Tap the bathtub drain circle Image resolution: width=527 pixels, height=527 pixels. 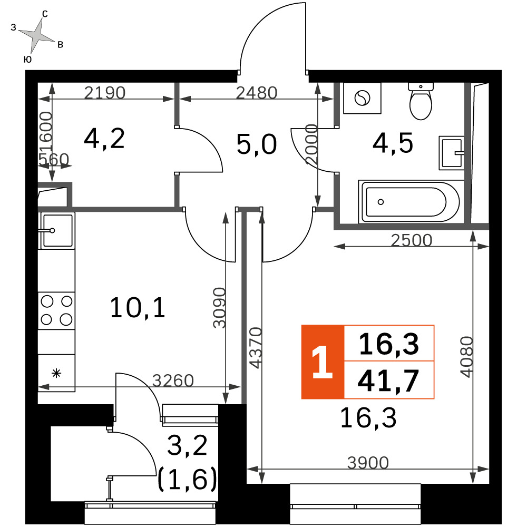(x=380, y=202)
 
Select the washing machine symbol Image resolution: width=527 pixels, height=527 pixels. (x=363, y=98)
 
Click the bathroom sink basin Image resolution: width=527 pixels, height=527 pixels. (x=452, y=153)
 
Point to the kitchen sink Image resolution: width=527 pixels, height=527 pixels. (x=56, y=231)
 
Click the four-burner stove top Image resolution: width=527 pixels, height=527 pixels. (x=56, y=310)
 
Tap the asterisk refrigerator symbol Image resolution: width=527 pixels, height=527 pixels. (x=56, y=373)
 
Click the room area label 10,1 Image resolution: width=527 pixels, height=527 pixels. (x=138, y=308)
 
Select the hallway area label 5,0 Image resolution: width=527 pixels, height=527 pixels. (x=257, y=144)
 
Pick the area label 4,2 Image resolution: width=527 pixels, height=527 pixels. (x=104, y=139)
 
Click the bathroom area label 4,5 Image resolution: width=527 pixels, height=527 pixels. (x=393, y=143)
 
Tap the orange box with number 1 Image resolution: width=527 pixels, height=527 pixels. (x=323, y=362)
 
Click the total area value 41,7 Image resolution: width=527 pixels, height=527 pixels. (x=388, y=381)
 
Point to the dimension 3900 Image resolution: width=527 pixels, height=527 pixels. (x=368, y=463)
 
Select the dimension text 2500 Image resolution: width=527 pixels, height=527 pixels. (x=412, y=240)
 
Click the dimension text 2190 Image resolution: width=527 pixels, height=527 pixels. (x=104, y=92)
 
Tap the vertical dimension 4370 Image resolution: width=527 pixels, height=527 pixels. (x=256, y=348)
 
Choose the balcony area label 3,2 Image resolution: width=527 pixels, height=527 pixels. (x=187, y=446)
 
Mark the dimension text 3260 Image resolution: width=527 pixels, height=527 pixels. (x=173, y=381)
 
